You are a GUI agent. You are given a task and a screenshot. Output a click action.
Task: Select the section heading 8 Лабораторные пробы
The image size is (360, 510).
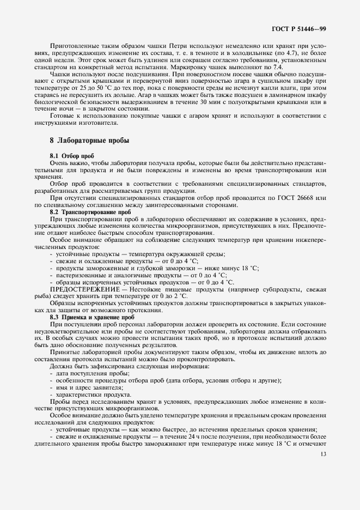pyautogui.click(x=89, y=140)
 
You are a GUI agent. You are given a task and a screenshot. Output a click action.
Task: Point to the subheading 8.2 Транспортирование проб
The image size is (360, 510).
pyautogui.click(x=90, y=211)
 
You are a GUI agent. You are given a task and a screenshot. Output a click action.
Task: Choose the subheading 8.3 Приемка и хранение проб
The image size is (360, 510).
pyautogui.click(x=92, y=317)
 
